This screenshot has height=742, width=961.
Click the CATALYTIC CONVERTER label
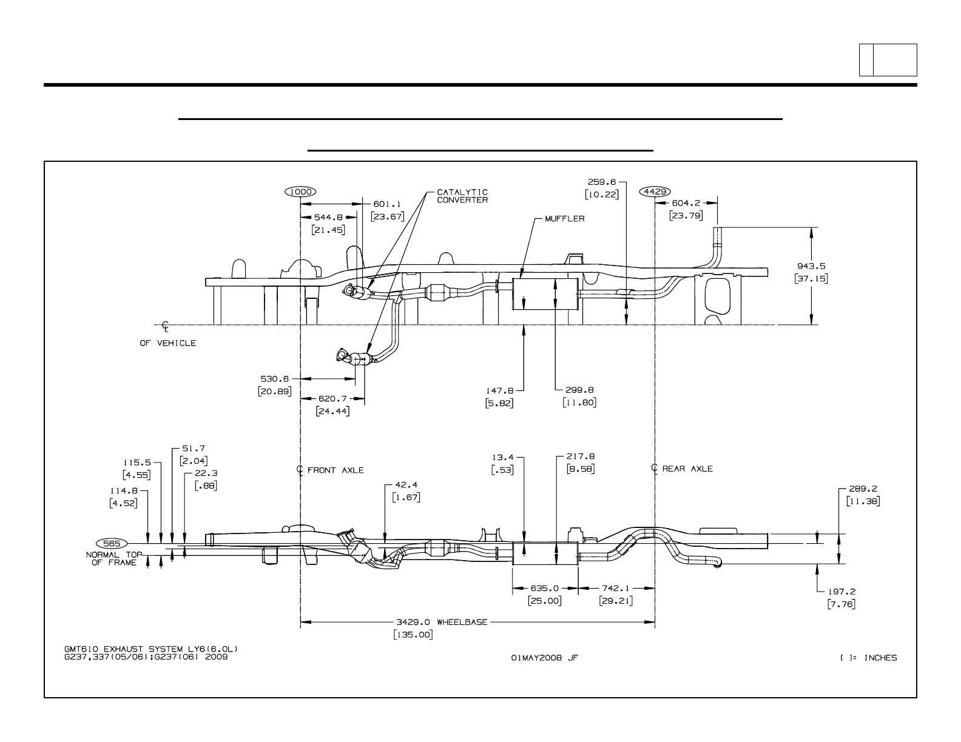click(462, 196)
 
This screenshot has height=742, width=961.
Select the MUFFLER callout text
click(564, 219)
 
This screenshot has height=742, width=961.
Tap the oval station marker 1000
click(300, 192)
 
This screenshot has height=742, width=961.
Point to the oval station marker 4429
click(655, 192)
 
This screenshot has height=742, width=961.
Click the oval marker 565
click(112, 543)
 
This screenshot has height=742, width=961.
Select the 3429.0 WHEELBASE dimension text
click(442, 622)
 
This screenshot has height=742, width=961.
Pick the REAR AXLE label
click(687, 469)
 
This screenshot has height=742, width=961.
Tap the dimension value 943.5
click(811, 266)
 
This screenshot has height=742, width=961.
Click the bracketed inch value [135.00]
click(413, 635)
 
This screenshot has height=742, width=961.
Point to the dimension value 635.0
click(545, 588)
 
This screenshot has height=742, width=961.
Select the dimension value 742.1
click(616, 588)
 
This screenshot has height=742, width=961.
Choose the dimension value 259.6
click(601, 181)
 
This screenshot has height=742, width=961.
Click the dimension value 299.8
click(579, 390)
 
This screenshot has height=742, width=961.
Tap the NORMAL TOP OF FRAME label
click(114, 558)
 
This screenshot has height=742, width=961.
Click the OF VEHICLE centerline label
click(168, 343)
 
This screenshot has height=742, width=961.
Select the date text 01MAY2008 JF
click(544, 658)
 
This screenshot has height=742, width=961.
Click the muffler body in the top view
click(544, 295)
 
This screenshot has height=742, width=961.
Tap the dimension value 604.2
click(686, 203)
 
